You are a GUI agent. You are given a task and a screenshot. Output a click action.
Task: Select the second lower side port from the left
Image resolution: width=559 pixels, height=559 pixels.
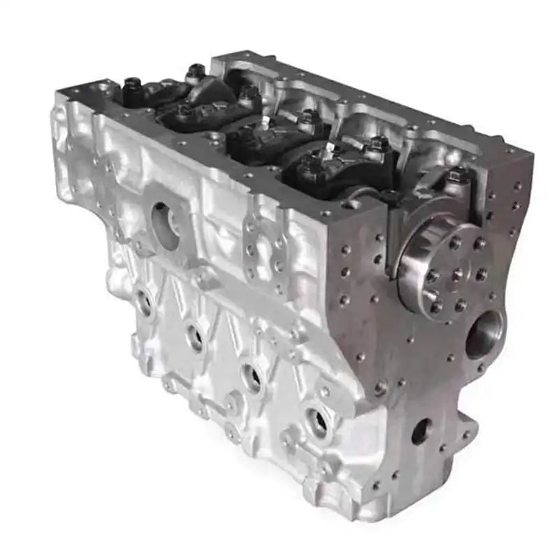point(195,337)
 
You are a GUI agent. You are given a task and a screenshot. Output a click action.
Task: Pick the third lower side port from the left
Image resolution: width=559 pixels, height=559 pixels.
point(252,376)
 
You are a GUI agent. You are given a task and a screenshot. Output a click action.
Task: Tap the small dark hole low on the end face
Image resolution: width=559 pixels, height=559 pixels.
point(421,430)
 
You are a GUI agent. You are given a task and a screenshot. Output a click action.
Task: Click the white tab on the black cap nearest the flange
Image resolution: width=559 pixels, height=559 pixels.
point(329,150)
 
